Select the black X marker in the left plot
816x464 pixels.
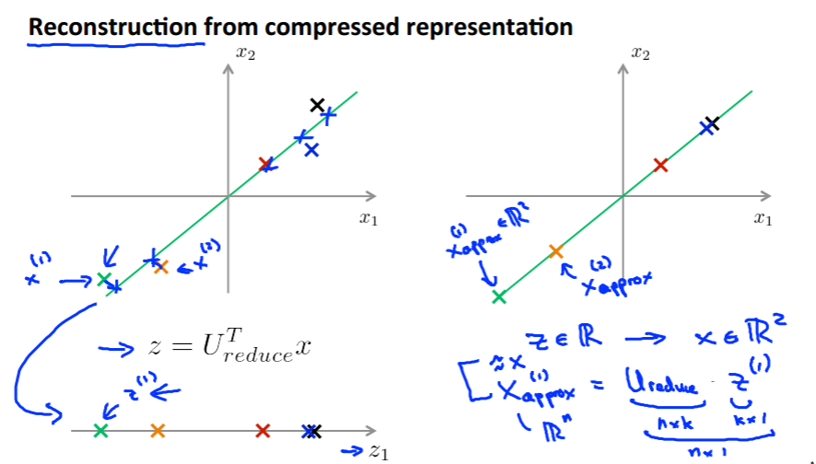pos(318,105)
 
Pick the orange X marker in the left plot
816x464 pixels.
pos(161,267)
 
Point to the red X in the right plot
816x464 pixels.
pos(659,165)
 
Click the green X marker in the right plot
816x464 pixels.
pos(499,296)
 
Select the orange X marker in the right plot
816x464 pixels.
pos(555,251)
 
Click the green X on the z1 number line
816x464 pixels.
pos(100,430)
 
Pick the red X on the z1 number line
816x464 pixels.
pos(262,430)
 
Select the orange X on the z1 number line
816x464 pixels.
pos(157,430)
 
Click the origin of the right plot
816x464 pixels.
pos(624,196)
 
